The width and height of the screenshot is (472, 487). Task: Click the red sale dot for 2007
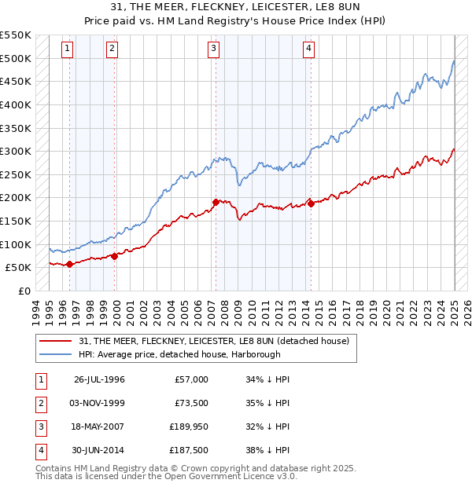click(216, 202)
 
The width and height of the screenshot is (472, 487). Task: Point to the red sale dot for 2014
click(311, 203)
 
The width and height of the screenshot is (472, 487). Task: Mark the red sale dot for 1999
click(115, 255)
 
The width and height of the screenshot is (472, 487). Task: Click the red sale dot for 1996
click(69, 264)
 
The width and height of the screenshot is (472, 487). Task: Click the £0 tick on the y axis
click(24, 291)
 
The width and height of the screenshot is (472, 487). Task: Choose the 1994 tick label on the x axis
click(36, 310)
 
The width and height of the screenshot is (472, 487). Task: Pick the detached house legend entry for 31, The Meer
click(214, 341)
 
